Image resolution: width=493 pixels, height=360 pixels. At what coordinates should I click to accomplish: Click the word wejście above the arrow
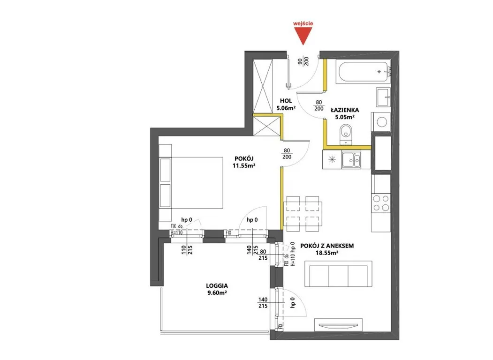(303, 23)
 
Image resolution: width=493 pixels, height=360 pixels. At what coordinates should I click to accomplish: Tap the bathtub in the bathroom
(363, 73)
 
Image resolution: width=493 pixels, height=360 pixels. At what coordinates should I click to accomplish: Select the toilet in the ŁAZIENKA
(346, 134)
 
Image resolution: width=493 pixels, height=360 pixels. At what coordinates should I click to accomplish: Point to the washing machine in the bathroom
(381, 121)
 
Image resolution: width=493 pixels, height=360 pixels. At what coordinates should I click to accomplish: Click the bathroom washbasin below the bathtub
(383, 97)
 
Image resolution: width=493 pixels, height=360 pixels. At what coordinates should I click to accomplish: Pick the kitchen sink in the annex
(351, 160)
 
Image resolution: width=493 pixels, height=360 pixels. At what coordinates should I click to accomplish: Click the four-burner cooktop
(381, 203)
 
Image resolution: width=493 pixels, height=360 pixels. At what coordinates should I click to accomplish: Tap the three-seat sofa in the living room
(338, 274)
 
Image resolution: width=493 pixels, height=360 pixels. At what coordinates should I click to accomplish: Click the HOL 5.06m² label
(286, 105)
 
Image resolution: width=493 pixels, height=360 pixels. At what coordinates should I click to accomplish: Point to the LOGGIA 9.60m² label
(217, 289)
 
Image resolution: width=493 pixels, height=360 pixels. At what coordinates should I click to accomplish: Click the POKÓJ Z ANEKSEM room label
(327, 246)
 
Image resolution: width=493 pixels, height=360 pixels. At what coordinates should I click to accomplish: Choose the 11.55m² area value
(243, 166)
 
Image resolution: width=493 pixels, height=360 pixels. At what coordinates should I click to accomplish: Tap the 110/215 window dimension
(187, 250)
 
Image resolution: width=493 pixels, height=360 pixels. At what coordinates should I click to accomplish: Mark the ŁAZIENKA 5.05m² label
(345, 113)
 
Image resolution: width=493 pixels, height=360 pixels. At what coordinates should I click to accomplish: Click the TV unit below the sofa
(338, 325)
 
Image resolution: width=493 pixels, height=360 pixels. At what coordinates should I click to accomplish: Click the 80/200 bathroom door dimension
(319, 105)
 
